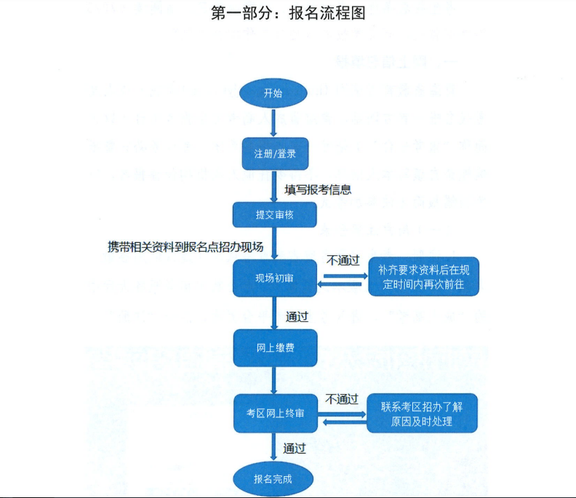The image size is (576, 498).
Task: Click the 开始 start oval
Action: (x=273, y=94)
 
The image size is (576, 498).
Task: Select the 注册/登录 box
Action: (x=276, y=154)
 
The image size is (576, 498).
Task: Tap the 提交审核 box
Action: (x=275, y=214)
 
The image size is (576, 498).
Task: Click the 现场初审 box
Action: (x=275, y=278)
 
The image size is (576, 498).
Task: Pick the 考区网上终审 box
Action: (x=275, y=413)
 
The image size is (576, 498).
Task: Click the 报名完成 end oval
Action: (x=273, y=479)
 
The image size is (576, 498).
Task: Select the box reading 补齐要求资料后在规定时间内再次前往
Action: (x=423, y=277)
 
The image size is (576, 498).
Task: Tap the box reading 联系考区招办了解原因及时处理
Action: (x=423, y=414)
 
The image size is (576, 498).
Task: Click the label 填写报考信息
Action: (x=318, y=190)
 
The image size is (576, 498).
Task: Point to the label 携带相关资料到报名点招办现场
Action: (x=185, y=247)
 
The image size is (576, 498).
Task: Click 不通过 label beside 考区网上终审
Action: (x=343, y=399)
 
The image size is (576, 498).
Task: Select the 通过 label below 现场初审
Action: (x=297, y=316)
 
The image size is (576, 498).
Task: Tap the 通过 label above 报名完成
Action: (x=295, y=448)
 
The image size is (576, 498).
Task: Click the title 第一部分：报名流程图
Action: (x=287, y=14)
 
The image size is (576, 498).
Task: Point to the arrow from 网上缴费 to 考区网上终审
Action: (x=273, y=380)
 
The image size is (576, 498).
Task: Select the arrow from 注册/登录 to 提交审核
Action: (x=273, y=186)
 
